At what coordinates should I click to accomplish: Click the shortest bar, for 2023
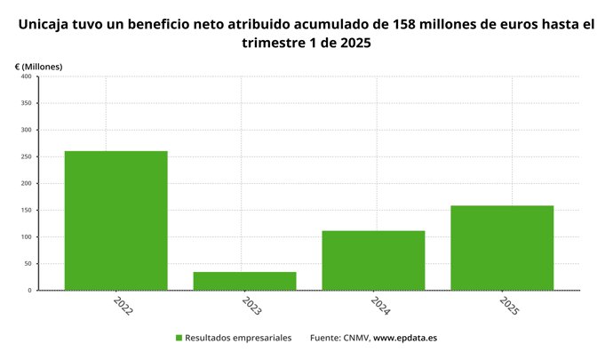244,281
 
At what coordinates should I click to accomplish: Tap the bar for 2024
373,260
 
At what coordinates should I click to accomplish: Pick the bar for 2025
502,248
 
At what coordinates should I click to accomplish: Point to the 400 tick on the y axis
26,76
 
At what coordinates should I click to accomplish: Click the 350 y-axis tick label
26,103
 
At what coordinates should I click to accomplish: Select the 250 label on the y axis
26,156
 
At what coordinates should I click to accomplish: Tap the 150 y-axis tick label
26,210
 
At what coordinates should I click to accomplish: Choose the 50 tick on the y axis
28,263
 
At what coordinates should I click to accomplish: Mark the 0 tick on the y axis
29,290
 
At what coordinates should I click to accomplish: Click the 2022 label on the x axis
123,307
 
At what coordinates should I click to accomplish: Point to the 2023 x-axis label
251,307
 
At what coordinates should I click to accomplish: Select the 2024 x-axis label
380,307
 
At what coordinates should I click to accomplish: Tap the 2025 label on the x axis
509,307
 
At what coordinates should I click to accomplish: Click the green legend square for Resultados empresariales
179,338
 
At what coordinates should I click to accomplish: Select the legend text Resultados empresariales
240,338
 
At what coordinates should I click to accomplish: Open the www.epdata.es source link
405,338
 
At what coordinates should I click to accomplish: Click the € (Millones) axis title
38,67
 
